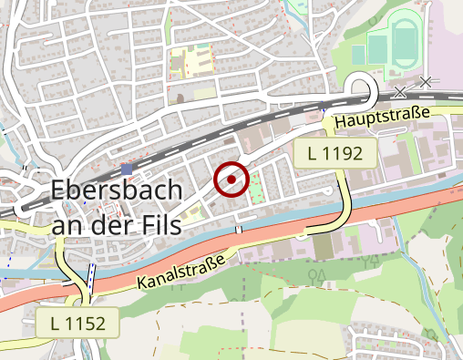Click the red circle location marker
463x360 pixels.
[x=231, y=180]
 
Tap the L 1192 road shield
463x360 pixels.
[x=335, y=154]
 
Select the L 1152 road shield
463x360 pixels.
[x=77, y=322]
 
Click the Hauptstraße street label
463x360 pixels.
[x=381, y=117]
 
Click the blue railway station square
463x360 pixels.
[x=127, y=169]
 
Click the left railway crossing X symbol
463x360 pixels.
[x=402, y=90]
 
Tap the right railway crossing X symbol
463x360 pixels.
[x=426, y=82]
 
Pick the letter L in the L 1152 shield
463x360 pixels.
[x=57, y=322]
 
